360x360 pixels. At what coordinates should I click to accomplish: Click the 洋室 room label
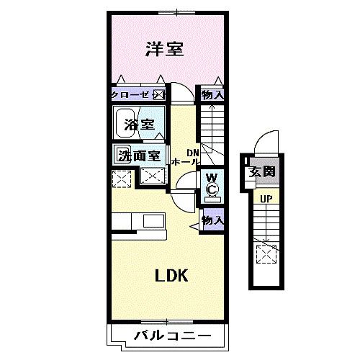tap(164, 50)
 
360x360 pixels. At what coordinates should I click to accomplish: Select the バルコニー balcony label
tap(171, 336)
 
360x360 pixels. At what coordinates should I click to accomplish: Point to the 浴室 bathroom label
tap(138, 124)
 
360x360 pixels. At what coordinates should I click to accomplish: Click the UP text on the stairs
tap(265, 198)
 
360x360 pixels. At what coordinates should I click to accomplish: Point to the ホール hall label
tap(184, 163)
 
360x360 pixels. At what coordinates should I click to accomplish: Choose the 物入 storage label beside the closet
tap(212, 94)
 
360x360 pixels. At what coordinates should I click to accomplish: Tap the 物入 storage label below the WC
tap(212, 221)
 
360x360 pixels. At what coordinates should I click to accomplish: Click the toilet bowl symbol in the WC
tap(212, 190)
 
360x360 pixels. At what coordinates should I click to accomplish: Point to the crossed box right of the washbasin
tap(153, 176)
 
